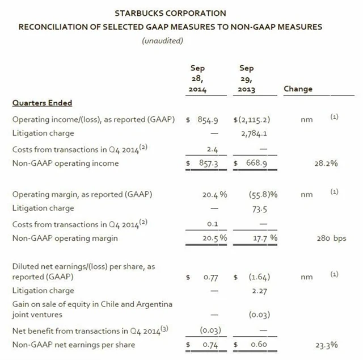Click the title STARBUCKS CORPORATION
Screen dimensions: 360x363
170,13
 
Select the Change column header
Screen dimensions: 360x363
298,89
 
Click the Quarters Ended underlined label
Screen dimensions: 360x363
42,103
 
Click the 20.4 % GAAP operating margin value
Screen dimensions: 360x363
215,195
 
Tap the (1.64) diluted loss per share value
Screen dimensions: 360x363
259,278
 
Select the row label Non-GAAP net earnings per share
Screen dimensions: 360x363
74,345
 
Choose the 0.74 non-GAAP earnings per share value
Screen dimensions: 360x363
212,345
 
